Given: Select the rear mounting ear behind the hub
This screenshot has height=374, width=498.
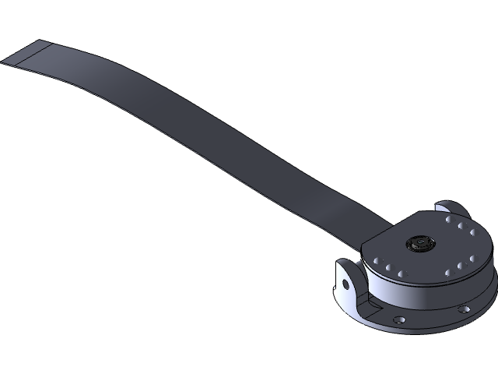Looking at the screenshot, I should point(451,209).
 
